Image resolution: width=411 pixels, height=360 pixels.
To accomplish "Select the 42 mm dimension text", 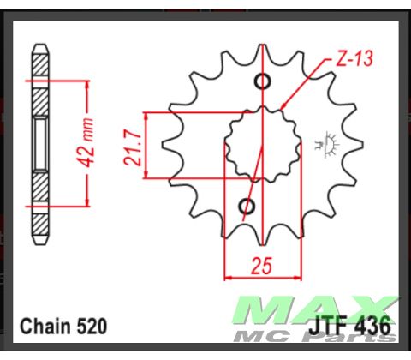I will [104, 143].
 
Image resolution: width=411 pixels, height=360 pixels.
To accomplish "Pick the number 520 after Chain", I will [91, 327].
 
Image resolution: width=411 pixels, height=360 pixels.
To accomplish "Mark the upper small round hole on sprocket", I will [262, 82].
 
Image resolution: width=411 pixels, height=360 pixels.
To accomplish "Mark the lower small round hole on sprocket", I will [247, 206].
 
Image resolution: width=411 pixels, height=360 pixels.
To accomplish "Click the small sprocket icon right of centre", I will [327, 141].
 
